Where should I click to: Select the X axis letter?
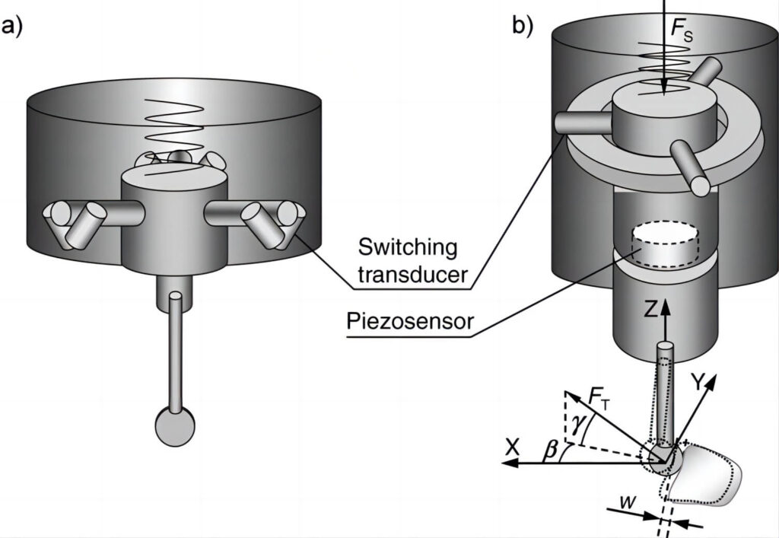[512, 448]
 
